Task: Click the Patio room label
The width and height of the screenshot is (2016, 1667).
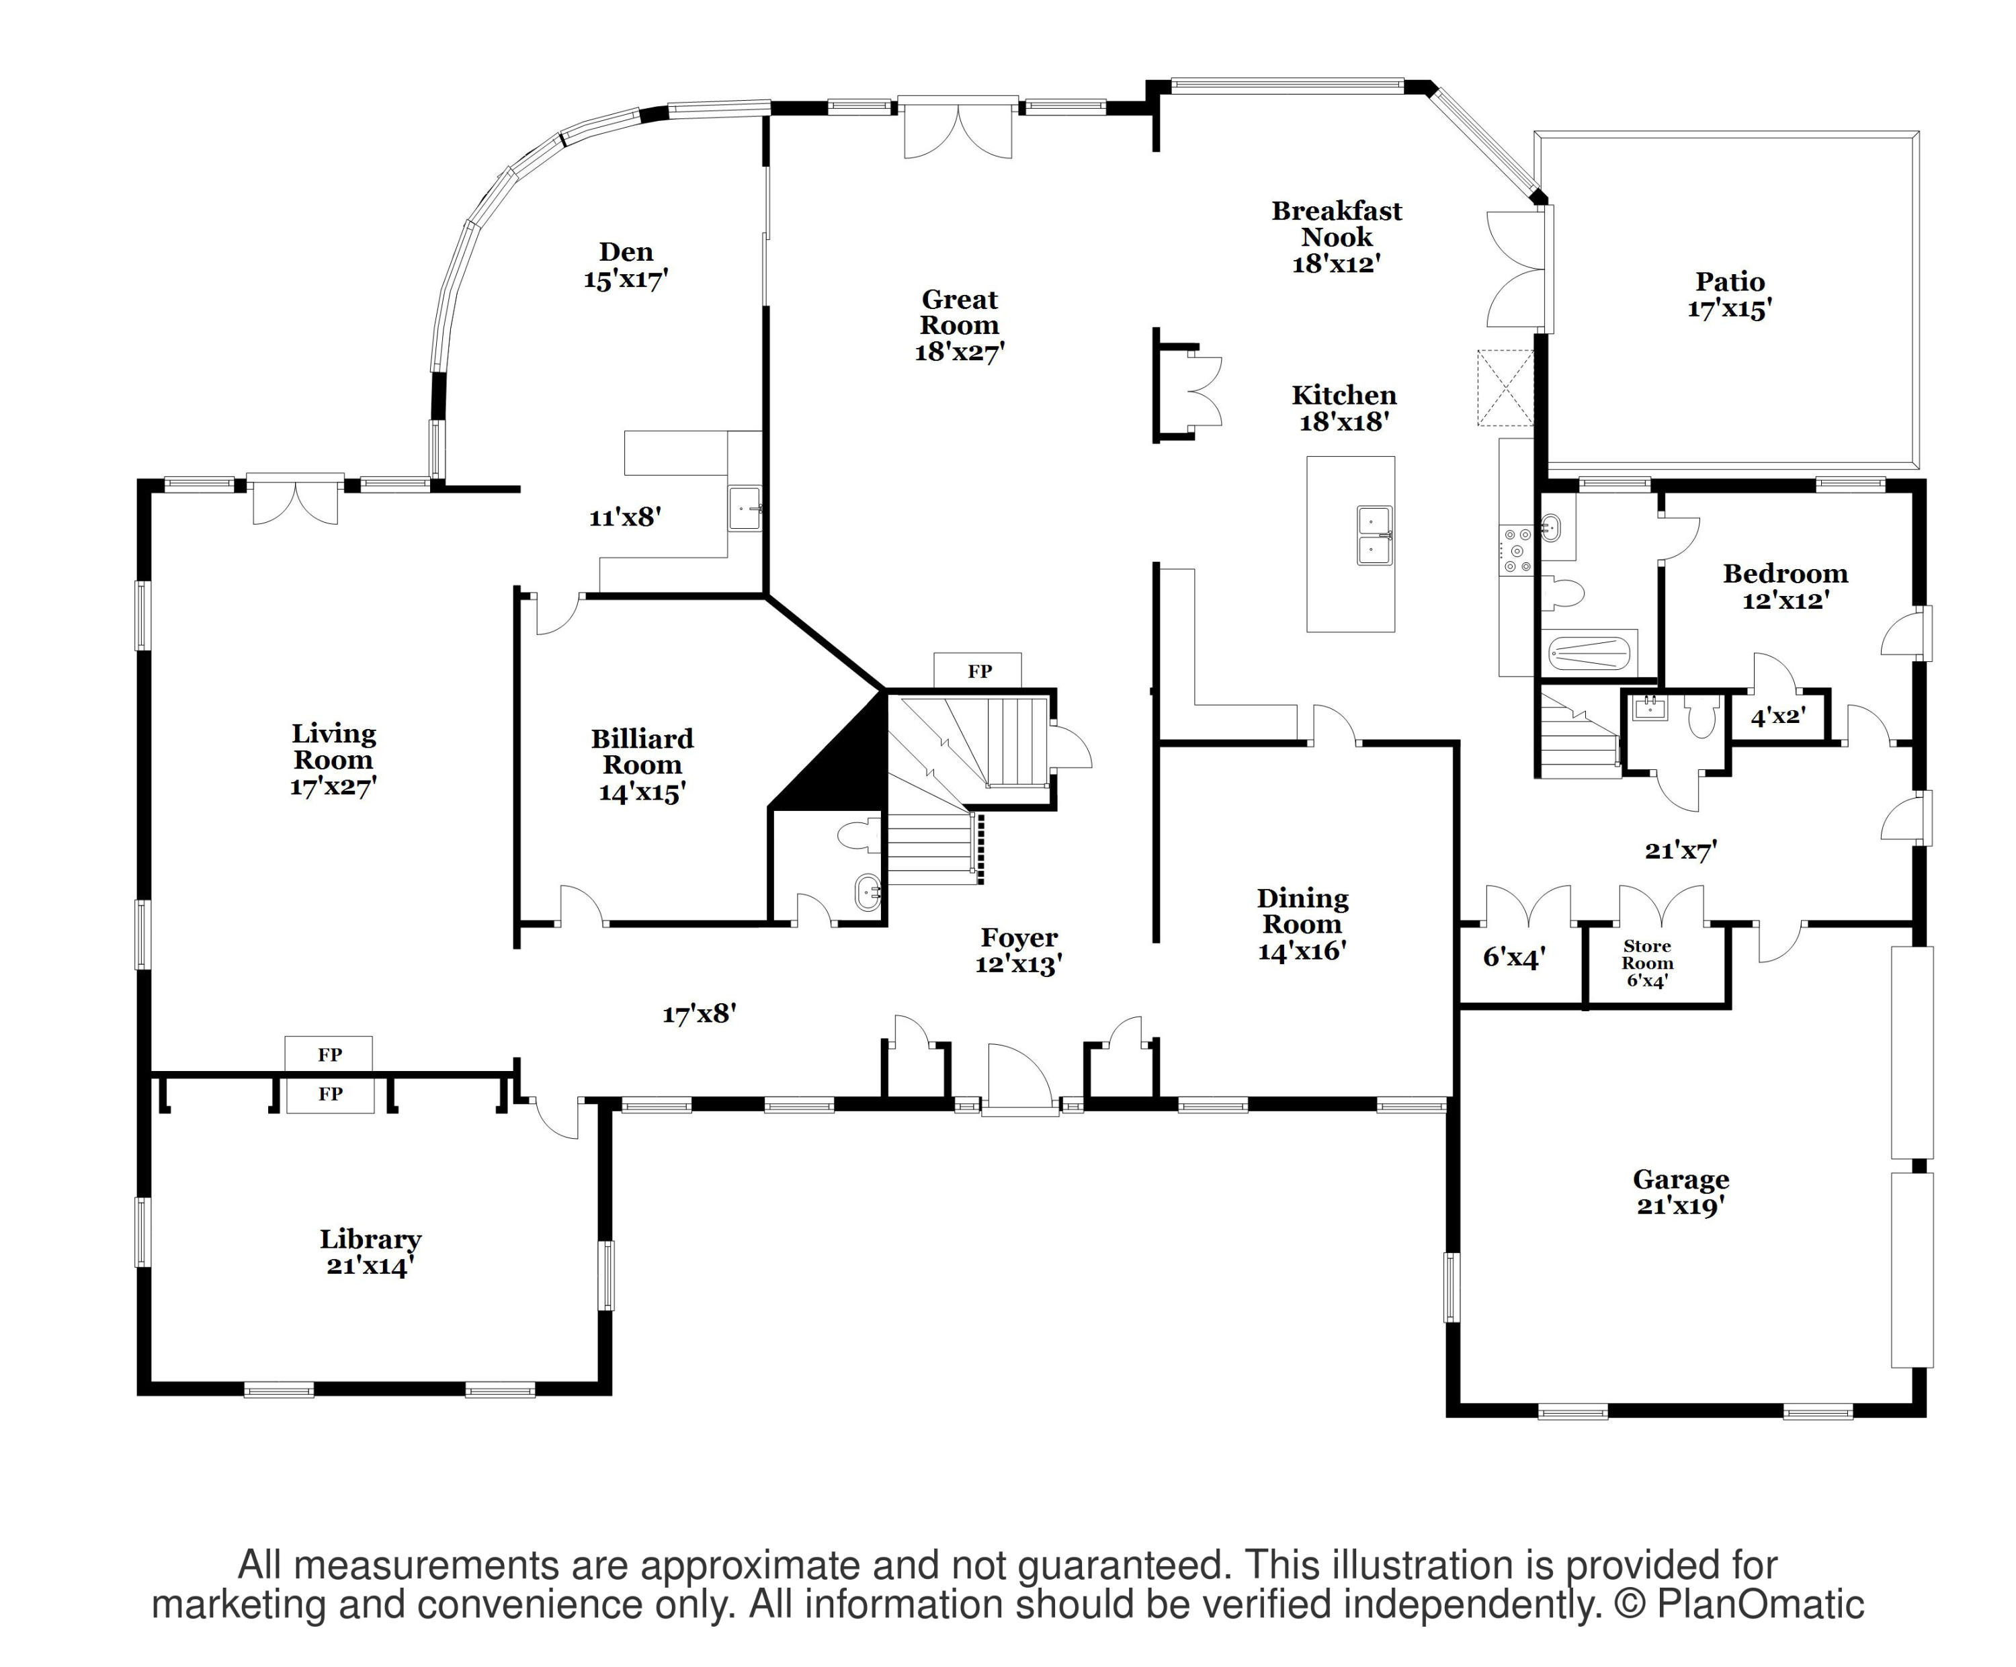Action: (x=1729, y=282)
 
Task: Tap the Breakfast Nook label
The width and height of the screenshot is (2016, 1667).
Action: (x=1337, y=224)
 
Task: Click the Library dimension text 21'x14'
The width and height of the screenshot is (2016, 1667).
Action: (x=370, y=1266)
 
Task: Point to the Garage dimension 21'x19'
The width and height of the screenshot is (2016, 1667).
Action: (x=1681, y=1206)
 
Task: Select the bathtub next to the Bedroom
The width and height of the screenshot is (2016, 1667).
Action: (x=1590, y=656)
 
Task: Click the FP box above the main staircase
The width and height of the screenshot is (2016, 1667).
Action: (x=978, y=671)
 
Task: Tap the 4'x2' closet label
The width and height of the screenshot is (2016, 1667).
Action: (x=1778, y=716)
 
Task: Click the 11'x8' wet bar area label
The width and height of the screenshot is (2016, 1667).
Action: (x=625, y=517)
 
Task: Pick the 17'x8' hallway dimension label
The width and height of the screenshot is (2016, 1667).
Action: (x=699, y=1013)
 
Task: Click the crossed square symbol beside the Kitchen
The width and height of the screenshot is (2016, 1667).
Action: (x=1505, y=388)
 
